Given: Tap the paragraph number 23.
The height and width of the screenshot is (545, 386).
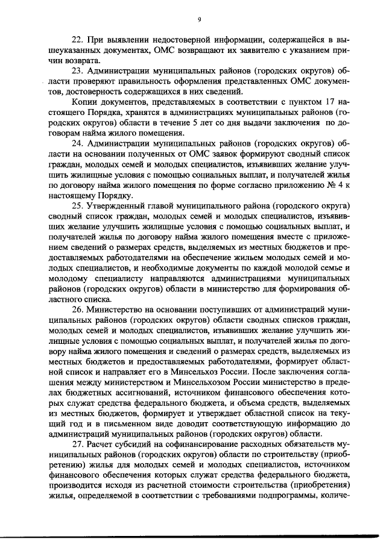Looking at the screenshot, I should (78, 70).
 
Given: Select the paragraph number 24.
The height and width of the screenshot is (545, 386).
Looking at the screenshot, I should (78, 145).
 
